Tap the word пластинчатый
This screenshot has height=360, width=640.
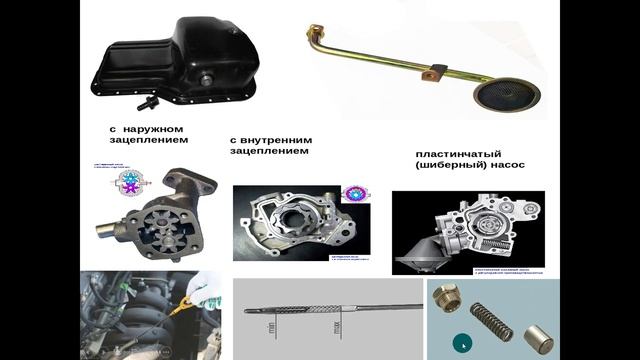point(458,155)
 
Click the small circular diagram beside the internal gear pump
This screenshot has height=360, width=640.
point(355,193)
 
